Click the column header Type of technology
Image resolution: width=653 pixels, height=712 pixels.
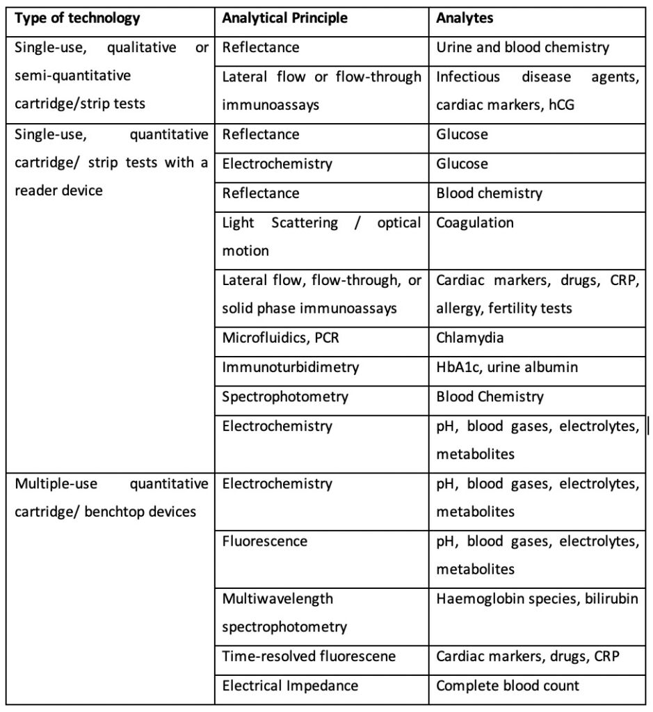click(x=76, y=18)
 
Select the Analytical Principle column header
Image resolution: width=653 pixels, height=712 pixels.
click(x=284, y=18)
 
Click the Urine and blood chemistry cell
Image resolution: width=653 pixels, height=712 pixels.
click(x=522, y=48)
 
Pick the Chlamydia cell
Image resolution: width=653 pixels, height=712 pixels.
click(x=470, y=338)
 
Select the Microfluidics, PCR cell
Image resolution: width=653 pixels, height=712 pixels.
click(x=282, y=338)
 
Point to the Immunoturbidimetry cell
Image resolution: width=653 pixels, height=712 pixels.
click(x=290, y=367)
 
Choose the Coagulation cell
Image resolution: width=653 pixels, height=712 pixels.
click(x=475, y=222)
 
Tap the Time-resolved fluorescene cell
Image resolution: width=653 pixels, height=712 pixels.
click(x=309, y=656)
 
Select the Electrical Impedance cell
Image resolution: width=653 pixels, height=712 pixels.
click(x=290, y=686)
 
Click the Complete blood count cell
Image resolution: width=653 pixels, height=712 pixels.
click(x=508, y=686)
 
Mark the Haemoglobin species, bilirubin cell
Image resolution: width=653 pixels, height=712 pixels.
click(x=537, y=598)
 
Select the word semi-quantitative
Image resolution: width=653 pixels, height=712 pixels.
click(x=73, y=76)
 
